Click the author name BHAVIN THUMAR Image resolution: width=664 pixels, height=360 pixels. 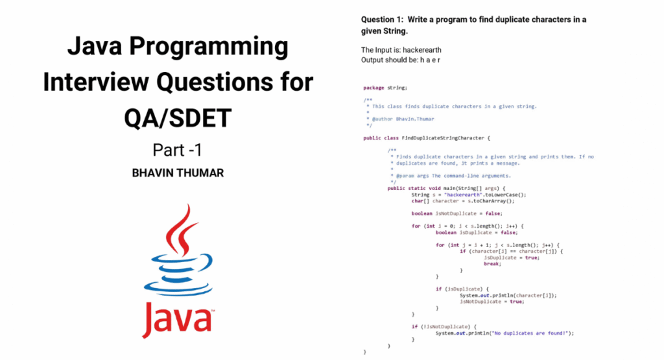[178, 174]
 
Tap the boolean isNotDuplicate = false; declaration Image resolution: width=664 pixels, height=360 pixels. [456, 213]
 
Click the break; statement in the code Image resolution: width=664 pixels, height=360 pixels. [492, 263]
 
